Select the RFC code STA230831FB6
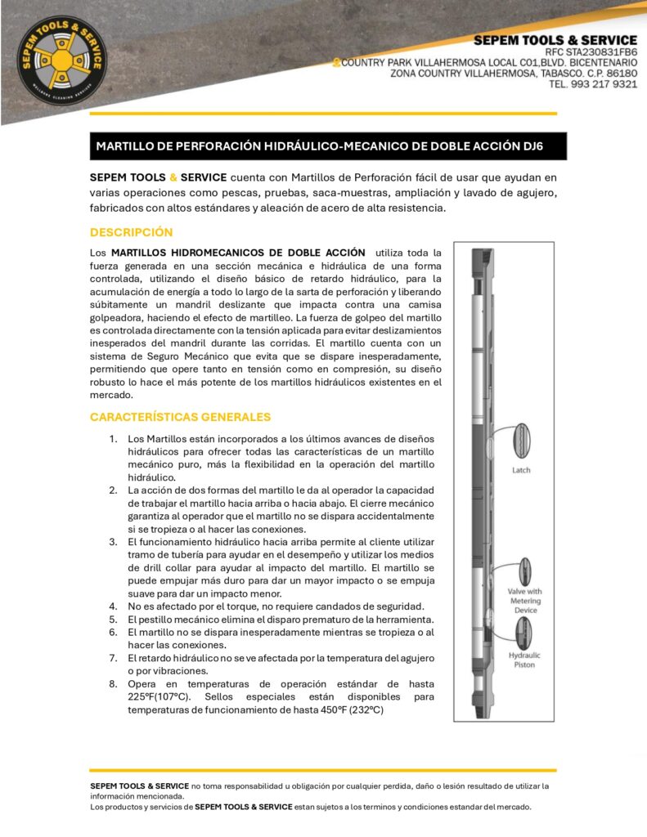point(596,52)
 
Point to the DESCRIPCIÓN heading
point(131,232)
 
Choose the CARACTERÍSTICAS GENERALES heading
point(180,417)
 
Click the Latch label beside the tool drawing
point(522,470)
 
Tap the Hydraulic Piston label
point(524,660)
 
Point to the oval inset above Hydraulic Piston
point(521,632)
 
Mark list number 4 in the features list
point(114,606)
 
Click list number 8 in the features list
point(114,683)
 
